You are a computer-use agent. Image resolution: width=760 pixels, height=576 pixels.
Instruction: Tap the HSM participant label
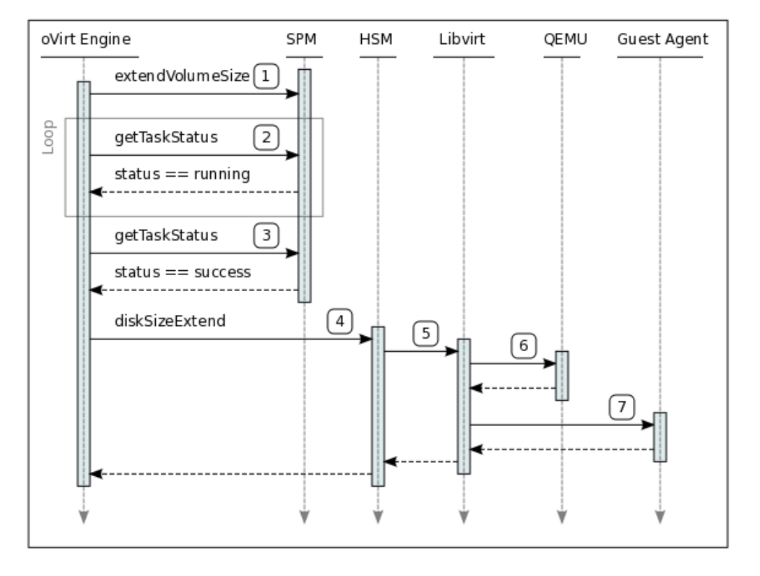(377, 40)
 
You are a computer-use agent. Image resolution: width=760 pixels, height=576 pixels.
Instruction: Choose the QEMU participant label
(562, 40)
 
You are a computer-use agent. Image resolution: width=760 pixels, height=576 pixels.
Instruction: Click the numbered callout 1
(265, 76)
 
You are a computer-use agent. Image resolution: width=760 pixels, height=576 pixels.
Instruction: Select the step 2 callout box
(265, 138)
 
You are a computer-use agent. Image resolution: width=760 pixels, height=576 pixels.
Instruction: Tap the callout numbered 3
(265, 235)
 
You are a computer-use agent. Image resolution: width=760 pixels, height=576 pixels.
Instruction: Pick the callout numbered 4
(339, 322)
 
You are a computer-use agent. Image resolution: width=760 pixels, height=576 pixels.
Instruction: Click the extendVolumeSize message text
(182, 77)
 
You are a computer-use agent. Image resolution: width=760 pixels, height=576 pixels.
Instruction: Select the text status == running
(182, 175)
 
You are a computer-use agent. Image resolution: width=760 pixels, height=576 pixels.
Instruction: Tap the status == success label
(182, 272)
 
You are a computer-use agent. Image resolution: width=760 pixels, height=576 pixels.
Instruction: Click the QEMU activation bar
(562, 376)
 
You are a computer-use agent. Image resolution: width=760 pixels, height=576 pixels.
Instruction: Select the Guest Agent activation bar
(660, 437)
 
